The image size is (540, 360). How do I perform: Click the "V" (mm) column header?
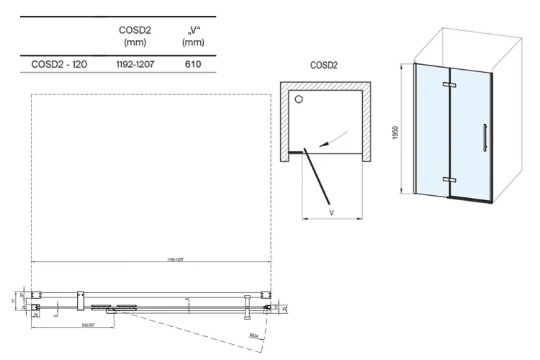[191, 36]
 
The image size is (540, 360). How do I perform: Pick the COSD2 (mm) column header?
[133, 36]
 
